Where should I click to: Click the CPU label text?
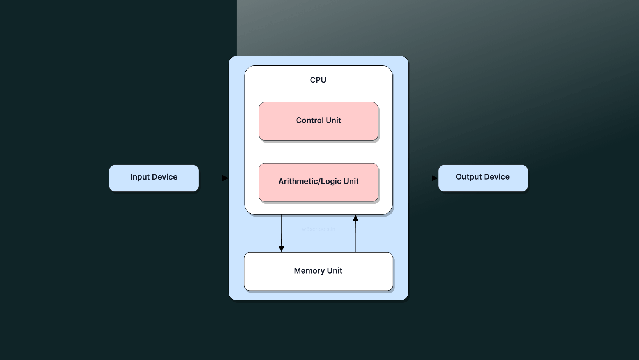pos(318,80)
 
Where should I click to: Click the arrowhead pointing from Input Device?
pos(225,178)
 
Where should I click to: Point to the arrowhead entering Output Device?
pos(435,178)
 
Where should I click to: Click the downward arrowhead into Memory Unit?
pos(281,249)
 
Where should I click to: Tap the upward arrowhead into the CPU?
pos(355,218)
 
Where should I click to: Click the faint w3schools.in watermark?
pos(318,229)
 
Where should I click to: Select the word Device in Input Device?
pos(164,177)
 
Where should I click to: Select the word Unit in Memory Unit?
pos(335,271)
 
